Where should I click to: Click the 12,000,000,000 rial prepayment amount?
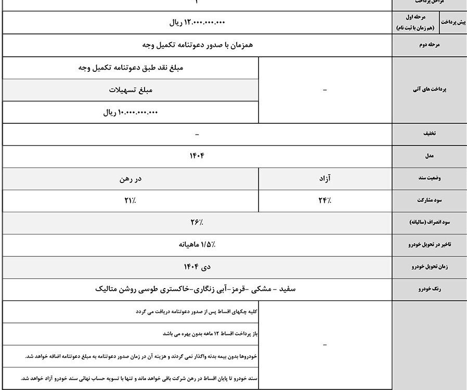[x=197, y=22]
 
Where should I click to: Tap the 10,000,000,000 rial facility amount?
[x=130, y=112]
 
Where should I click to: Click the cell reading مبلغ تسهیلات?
[x=131, y=90]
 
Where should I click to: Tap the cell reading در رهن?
[x=131, y=178]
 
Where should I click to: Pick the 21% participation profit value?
[x=131, y=200]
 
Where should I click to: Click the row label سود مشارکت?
[x=429, y=200]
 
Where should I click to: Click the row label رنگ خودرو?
[x=429, y=289]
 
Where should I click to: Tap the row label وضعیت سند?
[x=429, y=178]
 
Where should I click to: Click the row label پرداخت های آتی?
[x=429, y=89]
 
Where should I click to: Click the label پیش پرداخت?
[x=453, y=22]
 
